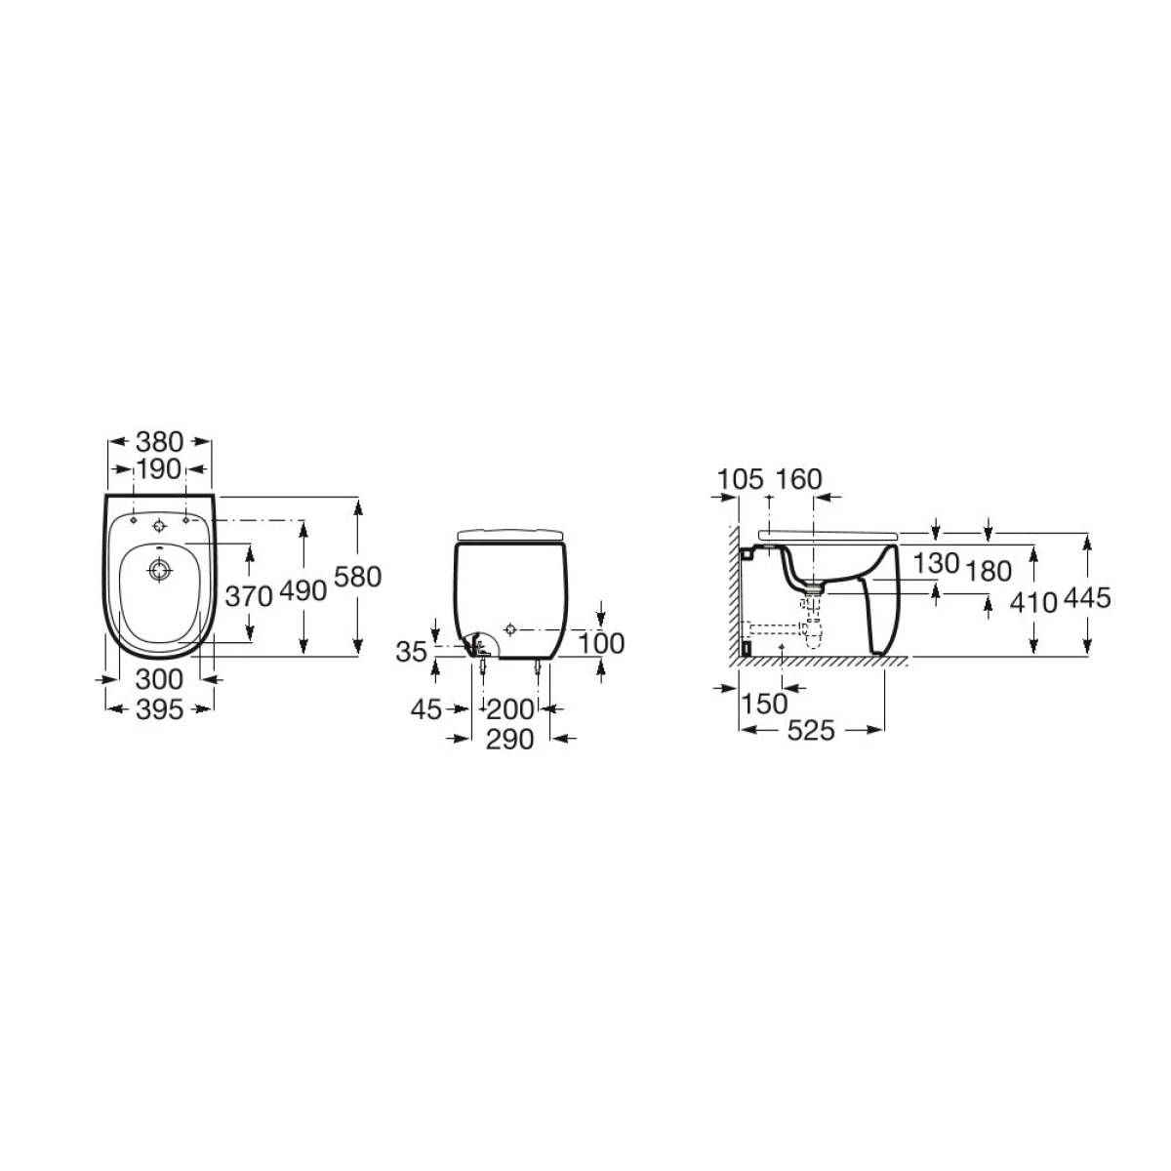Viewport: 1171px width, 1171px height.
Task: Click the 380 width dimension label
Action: click(x=159, y=442)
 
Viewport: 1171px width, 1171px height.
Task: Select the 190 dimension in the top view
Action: click(x=158, y=469)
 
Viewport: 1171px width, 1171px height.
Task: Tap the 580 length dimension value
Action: click(x=358, y=577)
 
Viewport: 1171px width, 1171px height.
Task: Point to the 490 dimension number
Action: click(x=303, y=590)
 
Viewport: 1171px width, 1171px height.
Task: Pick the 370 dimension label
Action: click(x=249, y=596)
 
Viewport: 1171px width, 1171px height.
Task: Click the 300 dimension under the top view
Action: click(x=159, y=679)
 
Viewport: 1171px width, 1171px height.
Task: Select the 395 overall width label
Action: click(x=159, y=709)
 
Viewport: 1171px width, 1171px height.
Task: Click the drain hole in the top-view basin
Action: click(x=159, y=571)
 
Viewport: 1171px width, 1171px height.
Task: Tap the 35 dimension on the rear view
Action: click(x=412, y=652)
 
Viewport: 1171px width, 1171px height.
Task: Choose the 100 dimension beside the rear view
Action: click(x=601, y=643)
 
